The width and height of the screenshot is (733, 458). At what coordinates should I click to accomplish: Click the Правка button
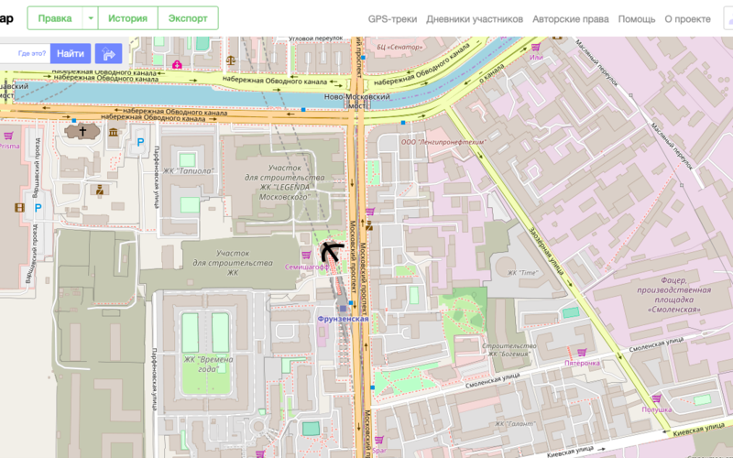coord(54,18)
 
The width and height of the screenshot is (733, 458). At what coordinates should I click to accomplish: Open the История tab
coord(127,18)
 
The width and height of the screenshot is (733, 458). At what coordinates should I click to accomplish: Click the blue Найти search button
coord(71,53)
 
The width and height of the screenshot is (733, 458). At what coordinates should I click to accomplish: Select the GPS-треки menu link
coord(393,18)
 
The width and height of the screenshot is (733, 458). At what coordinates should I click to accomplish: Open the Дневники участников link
coord(475,18)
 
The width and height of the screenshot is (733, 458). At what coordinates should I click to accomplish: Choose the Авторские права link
coord(569,18)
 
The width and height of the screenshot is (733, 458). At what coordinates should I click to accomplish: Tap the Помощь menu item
coord(636,18)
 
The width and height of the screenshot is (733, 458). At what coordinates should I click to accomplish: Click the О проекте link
coord(687,18)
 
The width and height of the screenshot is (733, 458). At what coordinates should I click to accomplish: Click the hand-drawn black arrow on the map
coord(330,249)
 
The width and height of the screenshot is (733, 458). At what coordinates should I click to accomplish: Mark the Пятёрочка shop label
coord(582,363)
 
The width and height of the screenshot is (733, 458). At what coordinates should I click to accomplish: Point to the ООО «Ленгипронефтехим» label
coord(443,142)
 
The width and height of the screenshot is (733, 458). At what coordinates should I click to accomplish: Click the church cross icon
coord(82,131)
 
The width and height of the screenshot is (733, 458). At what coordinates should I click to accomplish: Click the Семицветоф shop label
coord(306,267)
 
